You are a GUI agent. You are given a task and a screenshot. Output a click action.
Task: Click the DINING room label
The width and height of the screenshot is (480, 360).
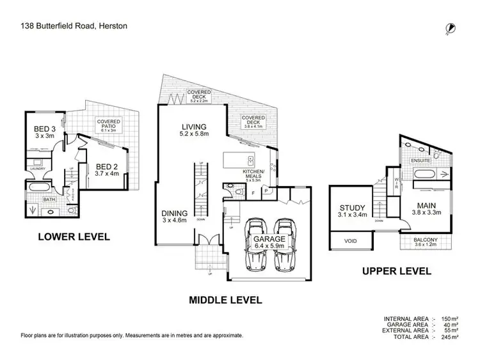click(174, 214)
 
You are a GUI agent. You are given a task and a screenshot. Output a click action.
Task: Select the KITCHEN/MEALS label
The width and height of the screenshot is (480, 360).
click(255, 173)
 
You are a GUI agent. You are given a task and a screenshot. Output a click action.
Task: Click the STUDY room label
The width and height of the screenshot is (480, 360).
click(353, 208)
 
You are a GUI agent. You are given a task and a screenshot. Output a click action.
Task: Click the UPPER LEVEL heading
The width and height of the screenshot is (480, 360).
click(397, 271)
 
